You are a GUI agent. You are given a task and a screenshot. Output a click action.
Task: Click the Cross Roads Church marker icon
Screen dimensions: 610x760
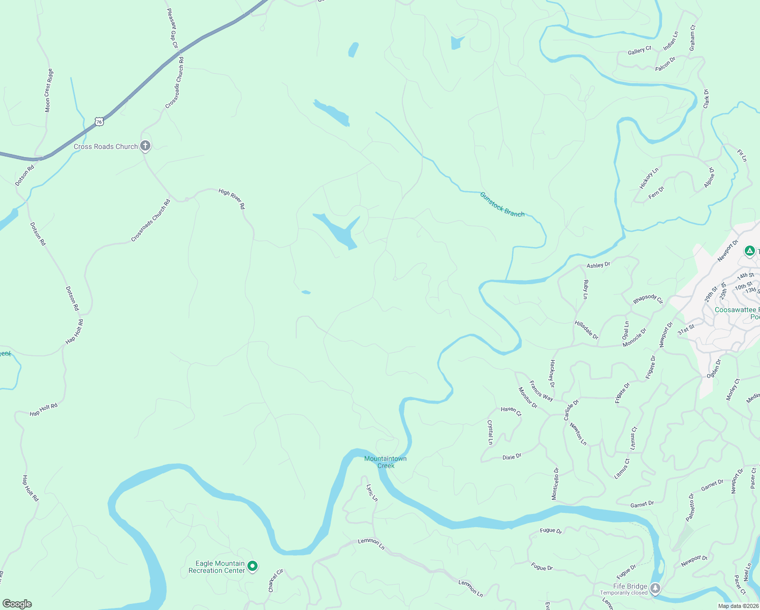[145, 146]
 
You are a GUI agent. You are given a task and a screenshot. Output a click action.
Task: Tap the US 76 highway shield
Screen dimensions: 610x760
[99, 121]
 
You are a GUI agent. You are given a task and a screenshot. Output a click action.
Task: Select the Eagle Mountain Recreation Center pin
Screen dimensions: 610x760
[252, 566]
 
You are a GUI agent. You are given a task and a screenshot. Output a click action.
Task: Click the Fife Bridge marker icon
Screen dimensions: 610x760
[655, 589]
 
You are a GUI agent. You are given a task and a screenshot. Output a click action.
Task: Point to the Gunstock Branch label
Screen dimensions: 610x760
[502, 204]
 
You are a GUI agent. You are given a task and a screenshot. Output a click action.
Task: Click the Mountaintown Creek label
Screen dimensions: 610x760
[386, 462]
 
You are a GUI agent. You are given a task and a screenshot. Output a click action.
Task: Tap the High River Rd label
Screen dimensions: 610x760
[232, 199]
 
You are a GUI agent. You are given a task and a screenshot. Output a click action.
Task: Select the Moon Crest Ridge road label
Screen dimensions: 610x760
[48, 90]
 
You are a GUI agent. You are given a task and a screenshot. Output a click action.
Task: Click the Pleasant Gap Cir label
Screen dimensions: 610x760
[173, 28]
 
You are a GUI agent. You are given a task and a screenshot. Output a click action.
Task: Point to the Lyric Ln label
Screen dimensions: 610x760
[372, 493]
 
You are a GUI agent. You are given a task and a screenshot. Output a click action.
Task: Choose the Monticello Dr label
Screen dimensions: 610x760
[555, 483]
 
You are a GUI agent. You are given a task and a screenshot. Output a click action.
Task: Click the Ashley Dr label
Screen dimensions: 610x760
[598, 265]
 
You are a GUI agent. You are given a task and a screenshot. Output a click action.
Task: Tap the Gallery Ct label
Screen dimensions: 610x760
[639, 51]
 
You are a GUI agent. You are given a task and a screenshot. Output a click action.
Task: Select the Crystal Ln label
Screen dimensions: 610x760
[490, 432]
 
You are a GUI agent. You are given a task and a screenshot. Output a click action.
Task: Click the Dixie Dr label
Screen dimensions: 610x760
[512, 457]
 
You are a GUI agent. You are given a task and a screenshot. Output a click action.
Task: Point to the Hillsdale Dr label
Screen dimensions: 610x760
[586, 330]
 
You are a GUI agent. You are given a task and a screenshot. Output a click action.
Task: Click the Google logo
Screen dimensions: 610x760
[17, 604]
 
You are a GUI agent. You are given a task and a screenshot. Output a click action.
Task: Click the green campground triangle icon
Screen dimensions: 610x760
[749, 251]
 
